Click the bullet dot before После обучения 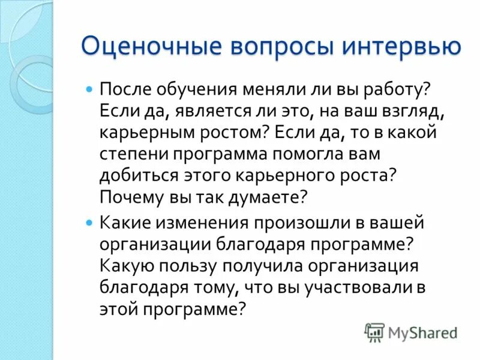[x=90, y=89]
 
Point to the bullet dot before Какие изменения [x=90, y=222]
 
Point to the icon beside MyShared [x=374, y=332]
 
